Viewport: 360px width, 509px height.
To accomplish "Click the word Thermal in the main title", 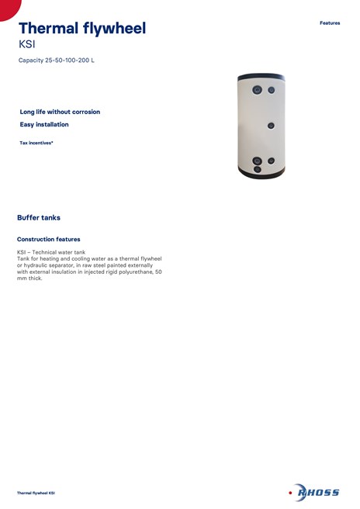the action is pos(49,29).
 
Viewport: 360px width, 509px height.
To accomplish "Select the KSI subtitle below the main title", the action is pos(26,44).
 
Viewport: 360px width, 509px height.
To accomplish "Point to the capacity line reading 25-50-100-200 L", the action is pos(56,61).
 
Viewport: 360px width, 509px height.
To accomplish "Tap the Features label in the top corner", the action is pos(330,23).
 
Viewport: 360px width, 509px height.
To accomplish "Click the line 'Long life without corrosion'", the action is pos(60,112).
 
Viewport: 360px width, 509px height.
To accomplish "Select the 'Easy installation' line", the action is pos(44,124).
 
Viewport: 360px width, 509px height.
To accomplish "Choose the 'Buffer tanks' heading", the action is pos(39,218).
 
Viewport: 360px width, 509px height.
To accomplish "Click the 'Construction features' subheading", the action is pos(48,239).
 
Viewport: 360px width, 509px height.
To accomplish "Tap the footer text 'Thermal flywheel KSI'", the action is pos(36,493).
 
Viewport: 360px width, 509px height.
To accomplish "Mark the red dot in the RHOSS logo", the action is pos(291,492).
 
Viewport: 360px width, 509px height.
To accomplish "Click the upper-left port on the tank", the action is pos(257,89).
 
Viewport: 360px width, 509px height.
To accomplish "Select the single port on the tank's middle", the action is pos(271,125).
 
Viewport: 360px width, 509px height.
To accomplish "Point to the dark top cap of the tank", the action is pos(262,76).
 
